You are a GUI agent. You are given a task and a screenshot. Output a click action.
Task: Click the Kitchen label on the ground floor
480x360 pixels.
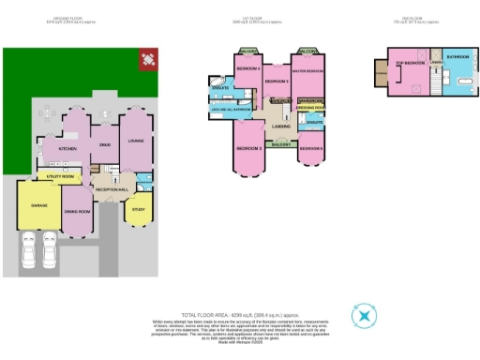pyautogui.click(x=67, y=149)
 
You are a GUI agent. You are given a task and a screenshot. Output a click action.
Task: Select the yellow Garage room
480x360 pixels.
pyautogui.click(x=38, y=204)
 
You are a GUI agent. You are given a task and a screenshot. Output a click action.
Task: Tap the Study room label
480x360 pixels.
pyautogui.click(x=139, y=210)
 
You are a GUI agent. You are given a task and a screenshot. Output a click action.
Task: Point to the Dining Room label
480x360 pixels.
pyautogui.click(x=77, y=212)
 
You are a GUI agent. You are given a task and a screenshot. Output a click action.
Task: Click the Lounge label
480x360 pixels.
pyautogui.click(x=136, y=142)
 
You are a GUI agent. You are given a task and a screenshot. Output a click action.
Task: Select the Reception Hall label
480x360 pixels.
pyautogui.click(x=111, y=189)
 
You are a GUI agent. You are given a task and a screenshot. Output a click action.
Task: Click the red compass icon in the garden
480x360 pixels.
pyautogui.click(x=148, y=60)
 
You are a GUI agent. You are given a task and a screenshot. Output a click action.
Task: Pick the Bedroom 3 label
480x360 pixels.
pyautogui.click(x=247, y=149)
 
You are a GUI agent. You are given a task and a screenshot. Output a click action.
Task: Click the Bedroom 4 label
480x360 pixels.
pyautogui.click(x=247, y=70)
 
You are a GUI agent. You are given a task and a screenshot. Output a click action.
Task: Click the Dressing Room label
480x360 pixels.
pyautogui.click(x=310, y=109)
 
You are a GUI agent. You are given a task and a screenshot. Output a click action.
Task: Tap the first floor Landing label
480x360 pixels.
pyautogui.click(x=280, y=126)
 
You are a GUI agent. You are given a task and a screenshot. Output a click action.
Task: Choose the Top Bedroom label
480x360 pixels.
pyautogui.click(x=411, y=63)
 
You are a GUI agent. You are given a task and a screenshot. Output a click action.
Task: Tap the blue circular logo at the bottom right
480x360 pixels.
pyautogui.click(x=362, y=317)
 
